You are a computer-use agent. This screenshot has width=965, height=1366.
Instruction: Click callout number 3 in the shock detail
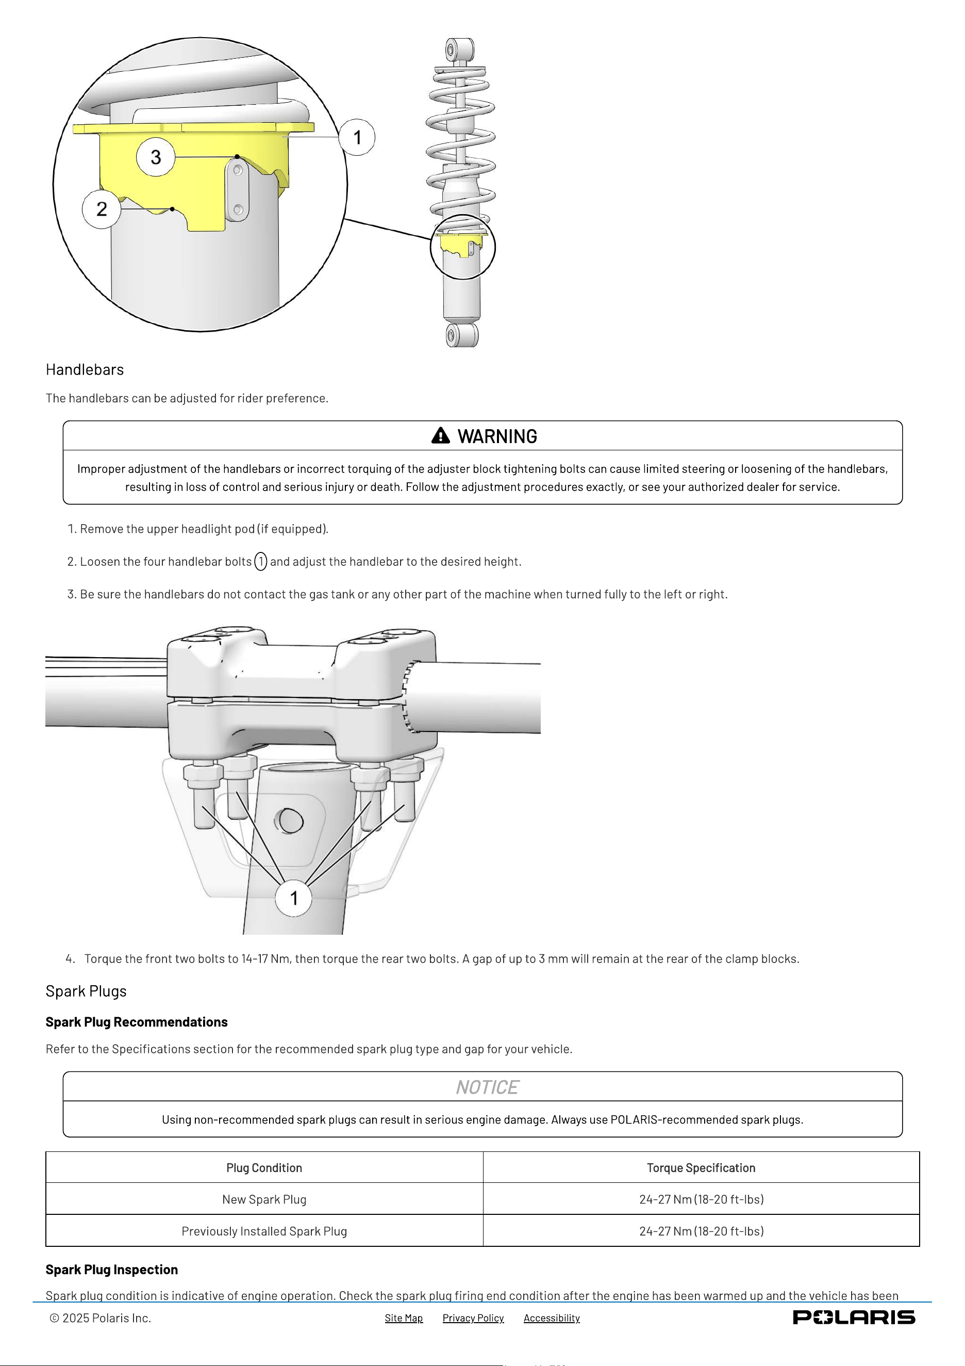click(156, 157)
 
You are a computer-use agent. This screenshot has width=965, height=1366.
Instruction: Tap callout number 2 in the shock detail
click(102, 209)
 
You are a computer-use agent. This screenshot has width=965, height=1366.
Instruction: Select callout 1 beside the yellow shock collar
click(357, 137)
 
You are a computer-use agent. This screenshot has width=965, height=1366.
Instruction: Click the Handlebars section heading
click(85, 369)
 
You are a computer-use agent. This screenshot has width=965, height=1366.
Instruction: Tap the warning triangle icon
click(441, 435)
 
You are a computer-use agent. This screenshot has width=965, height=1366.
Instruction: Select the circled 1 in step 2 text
click(260, 562)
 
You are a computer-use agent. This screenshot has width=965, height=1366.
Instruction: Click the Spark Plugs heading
click(86, 991)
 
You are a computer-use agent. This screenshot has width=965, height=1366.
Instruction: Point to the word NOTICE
click(488, 1087)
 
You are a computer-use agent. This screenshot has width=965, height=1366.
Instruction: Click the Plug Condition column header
click(264, 1168)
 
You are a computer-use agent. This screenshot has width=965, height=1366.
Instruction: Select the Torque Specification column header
click(701, 1168)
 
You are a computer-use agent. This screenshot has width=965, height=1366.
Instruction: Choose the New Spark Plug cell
click(264, 1199)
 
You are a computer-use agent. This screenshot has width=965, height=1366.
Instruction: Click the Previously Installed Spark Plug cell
click(264, 1231)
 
